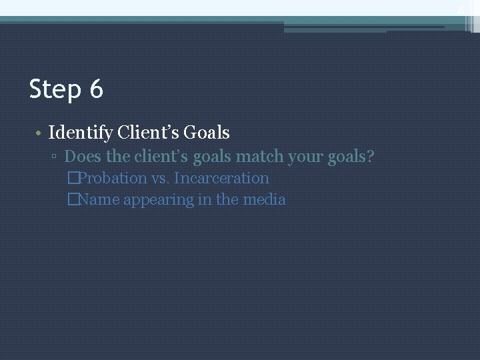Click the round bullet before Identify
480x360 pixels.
point(39,133)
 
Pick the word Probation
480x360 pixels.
point(112,178)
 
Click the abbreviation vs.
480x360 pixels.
point(160,179)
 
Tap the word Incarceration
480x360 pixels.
point(221,178)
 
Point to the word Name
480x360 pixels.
point(99,199)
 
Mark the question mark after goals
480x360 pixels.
point(370,157)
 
